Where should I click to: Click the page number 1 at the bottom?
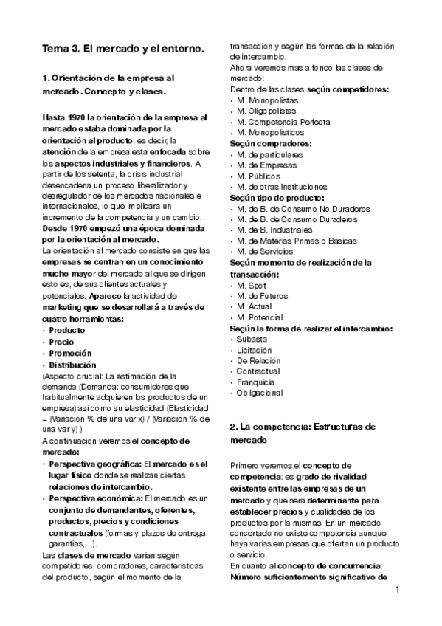pyautogui.click(x=397, y=589)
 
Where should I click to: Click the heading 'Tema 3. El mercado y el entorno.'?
pyautogui.click(x=122, y=49)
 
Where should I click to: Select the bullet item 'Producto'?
pyautogui.click(x=67, y=331)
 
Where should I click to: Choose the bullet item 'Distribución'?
pyautogui.click(x=72, y=365)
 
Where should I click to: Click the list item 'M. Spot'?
pyautogui.click(x=252, y=285)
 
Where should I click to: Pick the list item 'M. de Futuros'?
pyautogui.click(x=263, y=296)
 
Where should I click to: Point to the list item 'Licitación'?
pyautogui.click(x=255, y=350)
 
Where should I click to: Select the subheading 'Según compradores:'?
pyautogui.click(x=270, y=143)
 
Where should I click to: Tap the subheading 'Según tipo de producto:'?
pyautogui.click(x=277, y=198)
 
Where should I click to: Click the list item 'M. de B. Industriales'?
pyautogui.click(x=275, y=230)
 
